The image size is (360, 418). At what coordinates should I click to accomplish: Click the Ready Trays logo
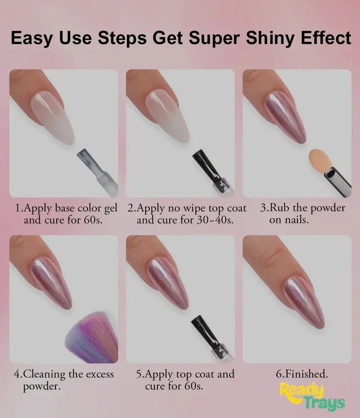click(311, 396)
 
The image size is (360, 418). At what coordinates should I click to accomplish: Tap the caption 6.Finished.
click(301, 374)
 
